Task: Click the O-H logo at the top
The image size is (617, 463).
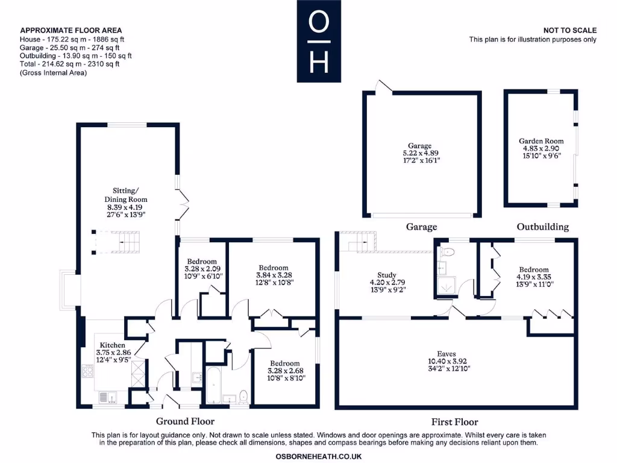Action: click(x=319, y=41)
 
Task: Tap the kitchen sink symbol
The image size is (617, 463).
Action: click(x=108, y=398)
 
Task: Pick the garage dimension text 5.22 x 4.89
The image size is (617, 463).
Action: click(x=420, y=154)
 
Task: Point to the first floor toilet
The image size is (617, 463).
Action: click(x=446, y=251)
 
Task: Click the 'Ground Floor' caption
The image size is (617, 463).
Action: click(x=185, y=421)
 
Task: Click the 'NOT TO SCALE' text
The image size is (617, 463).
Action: click(x=569, y=30)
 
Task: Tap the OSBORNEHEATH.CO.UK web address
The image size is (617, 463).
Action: click(x=318, y=457)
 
